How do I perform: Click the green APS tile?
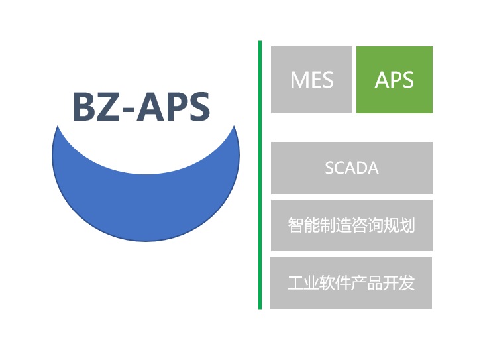[x=394, y=80]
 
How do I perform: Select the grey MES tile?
[x=311, y=80]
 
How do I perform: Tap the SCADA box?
[x=352, y=168]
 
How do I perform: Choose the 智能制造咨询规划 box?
[x=352, y=225]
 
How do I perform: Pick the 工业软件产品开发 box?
[x=351, y=283]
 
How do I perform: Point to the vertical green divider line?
[x=260, y=175]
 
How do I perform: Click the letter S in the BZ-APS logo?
[x=198, y=106]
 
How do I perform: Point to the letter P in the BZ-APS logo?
[x=175, y=106]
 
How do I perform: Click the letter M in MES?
[x=299, y=80]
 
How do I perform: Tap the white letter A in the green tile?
[x=382, y=80]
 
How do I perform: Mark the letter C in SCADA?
[x=341, y=168]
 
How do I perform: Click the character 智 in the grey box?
[x=295, y=225]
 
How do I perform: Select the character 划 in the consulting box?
[x=407, y=225]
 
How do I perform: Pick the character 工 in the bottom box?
[x=295, y=283]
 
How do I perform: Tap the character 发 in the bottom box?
[x=407, y=283]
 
